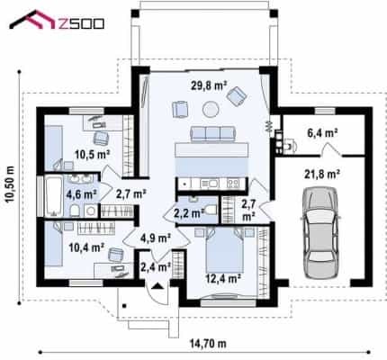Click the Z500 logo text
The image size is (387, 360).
80,23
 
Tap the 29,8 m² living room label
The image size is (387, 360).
209,85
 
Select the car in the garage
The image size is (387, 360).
320,232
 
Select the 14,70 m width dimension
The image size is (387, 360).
208,344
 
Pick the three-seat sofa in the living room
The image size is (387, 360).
213,134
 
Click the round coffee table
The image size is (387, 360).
211,110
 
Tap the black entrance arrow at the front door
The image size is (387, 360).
157,286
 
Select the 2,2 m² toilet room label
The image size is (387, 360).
189,213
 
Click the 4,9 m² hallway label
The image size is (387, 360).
156,238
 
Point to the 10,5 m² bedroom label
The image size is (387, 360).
92,155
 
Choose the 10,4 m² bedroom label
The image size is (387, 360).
86,247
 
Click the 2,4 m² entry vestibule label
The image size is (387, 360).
156,266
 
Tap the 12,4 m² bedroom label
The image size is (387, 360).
223,279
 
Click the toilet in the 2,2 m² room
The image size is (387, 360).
211,210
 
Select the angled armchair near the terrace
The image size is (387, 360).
237,96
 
